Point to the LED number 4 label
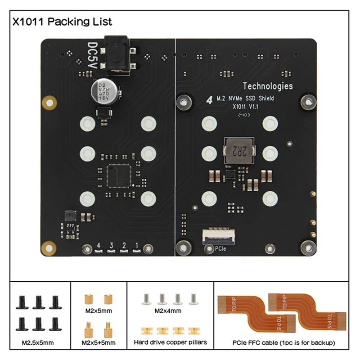coord(98,245)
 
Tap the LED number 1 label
coord(136,245)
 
